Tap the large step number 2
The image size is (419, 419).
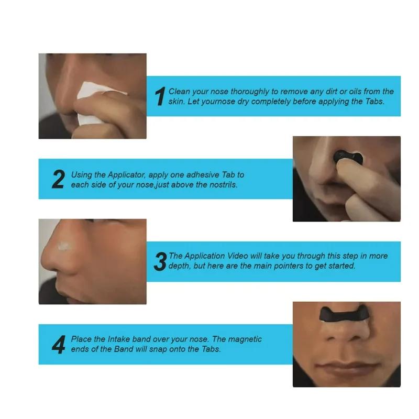[58, 179]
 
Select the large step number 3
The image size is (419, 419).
[160, 261]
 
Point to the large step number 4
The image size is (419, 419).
[58, 344]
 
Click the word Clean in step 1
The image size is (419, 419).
[180, 92]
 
